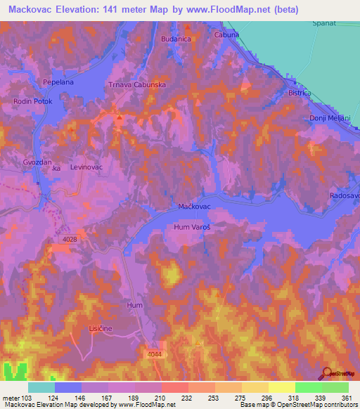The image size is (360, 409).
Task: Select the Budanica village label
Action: click(176, 39)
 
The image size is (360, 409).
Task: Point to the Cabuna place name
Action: click(226, 34)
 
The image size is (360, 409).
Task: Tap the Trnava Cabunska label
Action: click(137, 84)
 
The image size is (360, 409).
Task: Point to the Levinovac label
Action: click(86, 169)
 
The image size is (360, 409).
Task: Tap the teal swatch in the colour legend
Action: click(41, 387)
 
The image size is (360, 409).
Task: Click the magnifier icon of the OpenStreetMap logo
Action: click(327, 372)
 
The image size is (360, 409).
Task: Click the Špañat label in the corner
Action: click(322, 24)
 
